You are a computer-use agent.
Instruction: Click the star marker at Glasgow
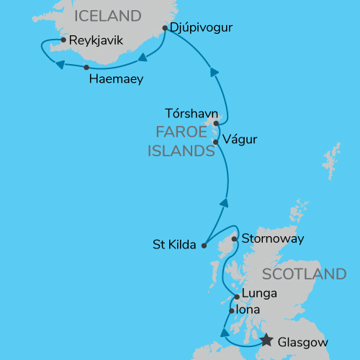[266, 341]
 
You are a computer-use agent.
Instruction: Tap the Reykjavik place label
[96, 41]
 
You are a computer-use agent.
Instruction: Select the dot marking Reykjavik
[64, 40]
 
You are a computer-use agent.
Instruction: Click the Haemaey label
[116, 78]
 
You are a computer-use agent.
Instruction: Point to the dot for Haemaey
[86, 67]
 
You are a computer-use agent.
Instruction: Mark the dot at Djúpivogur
[166, 29]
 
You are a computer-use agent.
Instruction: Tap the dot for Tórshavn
[215, 123]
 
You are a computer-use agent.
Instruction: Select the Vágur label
[240, 139]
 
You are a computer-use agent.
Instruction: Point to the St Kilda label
[174, 245]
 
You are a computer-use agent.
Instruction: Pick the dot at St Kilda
[204, 245]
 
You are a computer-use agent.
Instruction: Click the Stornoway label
[273, 238]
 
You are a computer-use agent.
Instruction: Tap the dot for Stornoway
[235, 239]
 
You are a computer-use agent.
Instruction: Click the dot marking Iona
[230, 311]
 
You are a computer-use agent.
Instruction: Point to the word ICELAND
[108, 15]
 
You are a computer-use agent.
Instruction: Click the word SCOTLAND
[305, 274]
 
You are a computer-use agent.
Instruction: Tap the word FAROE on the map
[180, 132]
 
